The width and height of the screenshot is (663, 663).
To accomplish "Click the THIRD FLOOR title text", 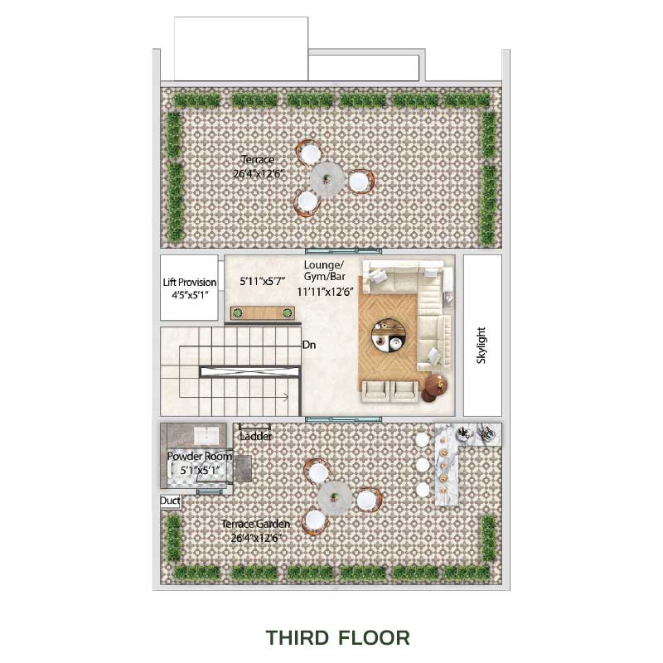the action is [337, 637].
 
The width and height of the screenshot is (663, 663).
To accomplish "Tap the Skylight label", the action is [482, 345].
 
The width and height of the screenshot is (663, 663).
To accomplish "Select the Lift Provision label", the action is [190, 282].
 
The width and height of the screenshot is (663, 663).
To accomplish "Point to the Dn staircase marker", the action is [309, 345].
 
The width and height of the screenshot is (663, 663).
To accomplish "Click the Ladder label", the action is [255, 437].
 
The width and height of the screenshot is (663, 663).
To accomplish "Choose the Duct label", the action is [170, 501].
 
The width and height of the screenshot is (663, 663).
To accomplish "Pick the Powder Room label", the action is [200, 457].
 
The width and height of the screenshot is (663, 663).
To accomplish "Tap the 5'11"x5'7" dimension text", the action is [263, 281].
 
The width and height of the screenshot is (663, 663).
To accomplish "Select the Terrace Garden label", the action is [255, 524].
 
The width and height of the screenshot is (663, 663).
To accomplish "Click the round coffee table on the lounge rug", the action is [389, 336].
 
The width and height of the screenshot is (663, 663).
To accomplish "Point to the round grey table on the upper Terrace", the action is [327, 180].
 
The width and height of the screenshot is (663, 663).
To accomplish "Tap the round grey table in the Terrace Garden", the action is [335, 498].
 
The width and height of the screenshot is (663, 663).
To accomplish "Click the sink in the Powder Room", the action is [206, 436].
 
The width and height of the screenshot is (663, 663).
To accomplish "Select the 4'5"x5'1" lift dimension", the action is [190, 295].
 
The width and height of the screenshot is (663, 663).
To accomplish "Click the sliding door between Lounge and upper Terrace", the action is [343, 251].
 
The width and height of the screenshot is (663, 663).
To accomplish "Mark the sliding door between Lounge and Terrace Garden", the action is [343, 419].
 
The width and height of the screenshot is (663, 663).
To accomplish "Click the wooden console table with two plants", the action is [263, 313].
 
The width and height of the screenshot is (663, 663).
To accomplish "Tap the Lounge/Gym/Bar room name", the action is [324, 271].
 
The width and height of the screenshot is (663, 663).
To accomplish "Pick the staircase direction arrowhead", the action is [286, 397].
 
